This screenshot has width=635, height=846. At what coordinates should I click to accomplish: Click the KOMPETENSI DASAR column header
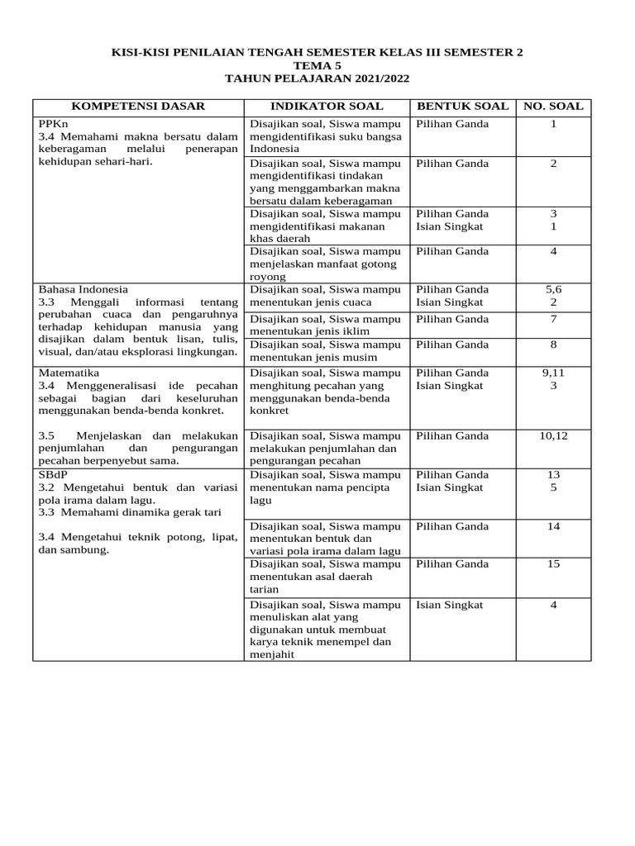pos(137,107)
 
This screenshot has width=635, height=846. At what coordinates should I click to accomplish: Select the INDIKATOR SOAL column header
pos(327,107)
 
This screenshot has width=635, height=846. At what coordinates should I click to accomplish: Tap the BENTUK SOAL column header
pos(461,107)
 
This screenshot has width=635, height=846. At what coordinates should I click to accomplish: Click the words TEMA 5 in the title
pos(317,65)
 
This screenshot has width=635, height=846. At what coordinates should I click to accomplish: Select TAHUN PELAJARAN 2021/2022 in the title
pos(317,78)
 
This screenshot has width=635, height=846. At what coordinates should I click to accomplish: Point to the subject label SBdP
pos(53,474)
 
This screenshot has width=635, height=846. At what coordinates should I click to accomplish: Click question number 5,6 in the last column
pos(553,289)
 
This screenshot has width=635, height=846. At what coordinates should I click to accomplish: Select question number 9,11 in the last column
pos(553,373)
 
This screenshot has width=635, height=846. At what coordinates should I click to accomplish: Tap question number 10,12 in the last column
pos(553,435)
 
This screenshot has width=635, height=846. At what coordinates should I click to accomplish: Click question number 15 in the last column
pos(553,563)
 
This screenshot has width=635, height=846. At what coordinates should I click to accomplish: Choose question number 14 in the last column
pos(553,525)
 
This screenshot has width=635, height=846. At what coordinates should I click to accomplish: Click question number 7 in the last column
pos(553,319)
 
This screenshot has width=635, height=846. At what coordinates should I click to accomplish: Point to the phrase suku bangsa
pos(369,137)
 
